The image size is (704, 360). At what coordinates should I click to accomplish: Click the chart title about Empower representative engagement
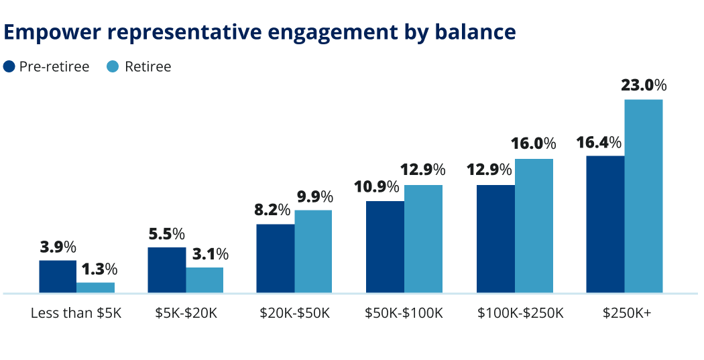[x=260, y=32]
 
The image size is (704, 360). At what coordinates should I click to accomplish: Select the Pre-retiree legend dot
[x=9, y=66]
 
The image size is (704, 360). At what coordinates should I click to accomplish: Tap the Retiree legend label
[x=148, y=66]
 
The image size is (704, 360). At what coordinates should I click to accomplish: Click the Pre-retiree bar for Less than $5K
[x=58, y=276]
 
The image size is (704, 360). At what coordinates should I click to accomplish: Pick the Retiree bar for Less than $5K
[x=95, y=288]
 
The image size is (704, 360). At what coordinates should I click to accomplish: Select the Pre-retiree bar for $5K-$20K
[x=166, y=269]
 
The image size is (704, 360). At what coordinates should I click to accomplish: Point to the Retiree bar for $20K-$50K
[x=313, y=251]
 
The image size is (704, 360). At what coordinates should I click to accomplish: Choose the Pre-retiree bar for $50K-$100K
[x=385, y=247]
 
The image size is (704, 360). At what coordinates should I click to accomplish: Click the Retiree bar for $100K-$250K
[x=534, y=225]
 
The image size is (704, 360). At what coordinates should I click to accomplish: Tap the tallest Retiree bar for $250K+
[x=644, y=196]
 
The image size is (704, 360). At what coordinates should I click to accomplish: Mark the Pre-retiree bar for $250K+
[x=605, y=224]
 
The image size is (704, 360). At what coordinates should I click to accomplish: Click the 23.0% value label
[x=644, y=85]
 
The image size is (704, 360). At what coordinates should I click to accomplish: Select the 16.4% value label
[x=599, y=143]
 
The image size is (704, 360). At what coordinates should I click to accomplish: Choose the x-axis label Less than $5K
[x=76, y=313]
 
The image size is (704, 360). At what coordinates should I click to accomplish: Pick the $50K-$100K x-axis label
[x=404, y=313]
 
